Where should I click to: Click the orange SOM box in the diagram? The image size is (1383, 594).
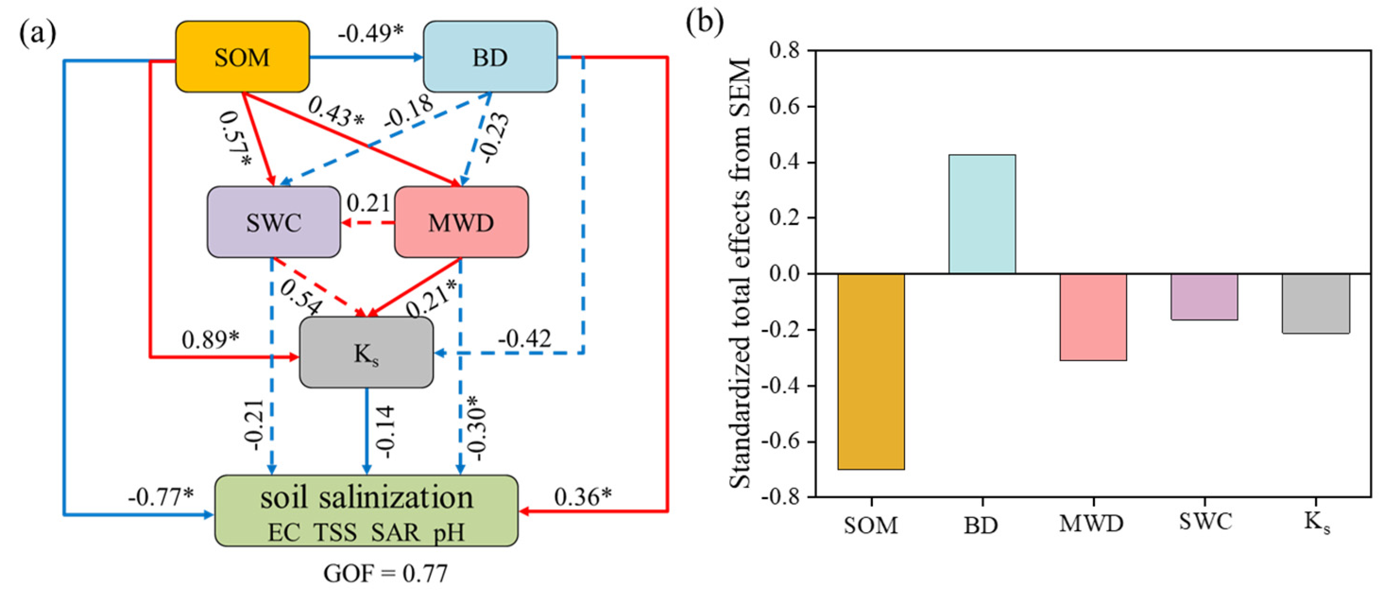click(242, 57)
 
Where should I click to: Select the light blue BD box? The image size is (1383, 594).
click(490, 57)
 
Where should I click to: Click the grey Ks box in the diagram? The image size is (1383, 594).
click(366, 353)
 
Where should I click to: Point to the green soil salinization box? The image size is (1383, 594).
click(366, 511)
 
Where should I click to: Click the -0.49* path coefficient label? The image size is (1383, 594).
click(370, 33)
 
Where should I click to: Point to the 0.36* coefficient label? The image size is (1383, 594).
click(582, 497)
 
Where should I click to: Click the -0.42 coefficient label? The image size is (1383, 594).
click(524, 339)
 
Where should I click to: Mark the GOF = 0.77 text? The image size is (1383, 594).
click(385, 574)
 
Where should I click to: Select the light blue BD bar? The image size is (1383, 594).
click(982, 214)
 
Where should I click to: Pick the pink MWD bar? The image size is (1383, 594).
click(1093, 317)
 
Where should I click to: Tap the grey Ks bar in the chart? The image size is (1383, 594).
click(1315, 303)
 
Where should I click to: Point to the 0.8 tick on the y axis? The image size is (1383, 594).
click(784, 51)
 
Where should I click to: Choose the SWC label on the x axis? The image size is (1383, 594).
click(1205, 522)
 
